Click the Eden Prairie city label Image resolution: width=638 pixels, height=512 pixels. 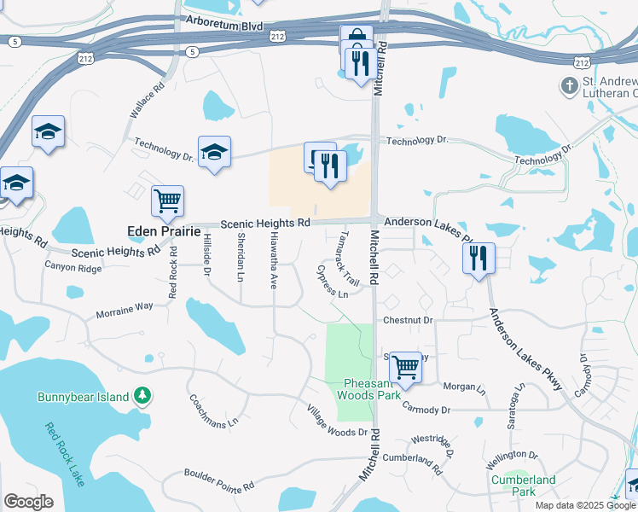(x=163, y=231)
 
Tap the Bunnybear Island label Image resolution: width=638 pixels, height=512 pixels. (x=83, y=397)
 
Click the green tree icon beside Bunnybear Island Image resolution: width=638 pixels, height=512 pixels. (x=143, y=396)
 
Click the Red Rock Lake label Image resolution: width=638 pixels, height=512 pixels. (x=65, y=455)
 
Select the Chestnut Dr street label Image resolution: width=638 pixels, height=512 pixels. (x=409, y=320)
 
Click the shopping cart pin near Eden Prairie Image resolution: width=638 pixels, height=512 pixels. (x=167, y=201)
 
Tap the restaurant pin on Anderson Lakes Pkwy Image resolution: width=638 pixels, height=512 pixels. (x=479, y=257)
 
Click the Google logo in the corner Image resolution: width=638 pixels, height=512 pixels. (x=28, y=502)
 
